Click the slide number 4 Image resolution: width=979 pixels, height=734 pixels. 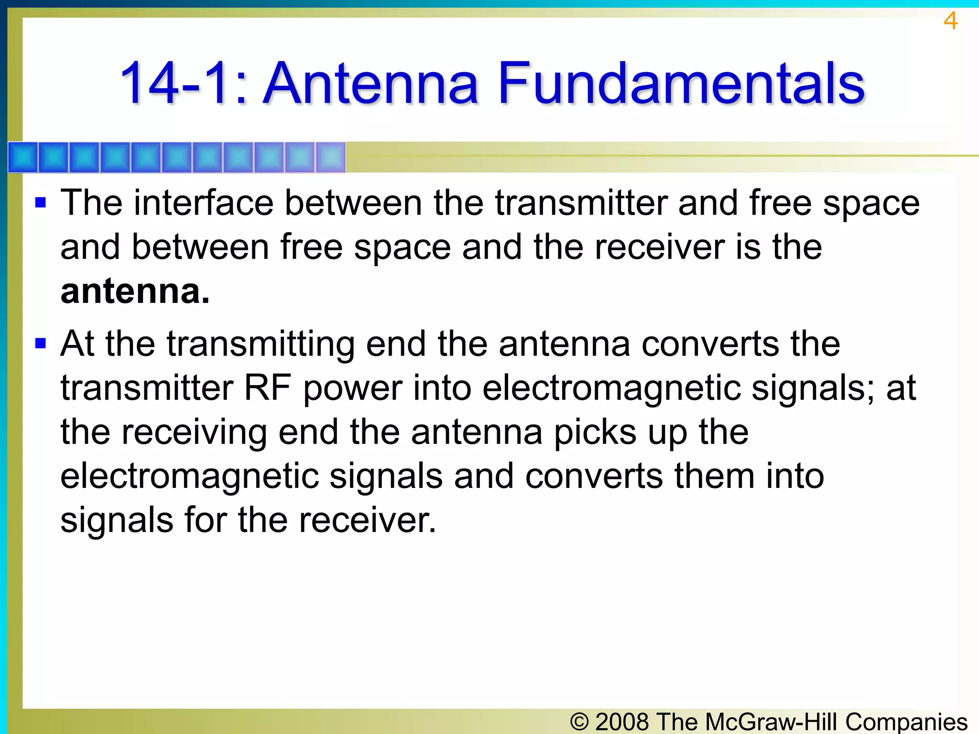(x=950, y=21)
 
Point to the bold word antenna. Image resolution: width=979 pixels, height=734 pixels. (x=135, y=291)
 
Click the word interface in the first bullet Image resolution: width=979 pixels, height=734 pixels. (x=204, y=203)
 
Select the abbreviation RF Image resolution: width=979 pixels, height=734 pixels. (x=268, y=388)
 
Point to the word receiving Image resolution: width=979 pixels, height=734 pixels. (x=194, y=432)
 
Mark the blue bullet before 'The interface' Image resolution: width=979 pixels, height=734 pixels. (x=41, y=203)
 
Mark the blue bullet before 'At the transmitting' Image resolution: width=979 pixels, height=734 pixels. (x=41, y=343)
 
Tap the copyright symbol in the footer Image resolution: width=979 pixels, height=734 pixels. (x=579, y=722)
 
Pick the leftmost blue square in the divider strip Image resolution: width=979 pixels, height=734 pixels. (x=23, y=157)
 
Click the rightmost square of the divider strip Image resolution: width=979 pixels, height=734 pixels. (x=330, y=157)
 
